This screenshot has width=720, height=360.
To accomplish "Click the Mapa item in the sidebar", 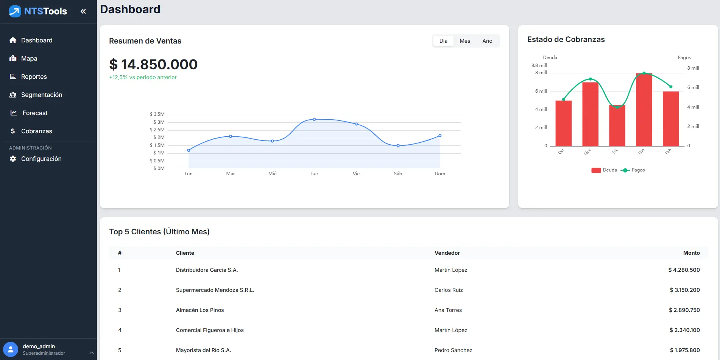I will (x=29, y=58).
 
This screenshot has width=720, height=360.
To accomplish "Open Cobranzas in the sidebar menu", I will (x=36, y=131).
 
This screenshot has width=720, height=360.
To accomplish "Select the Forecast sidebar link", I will (x=35, y=113).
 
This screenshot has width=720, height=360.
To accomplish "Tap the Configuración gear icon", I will (x=13, y=159).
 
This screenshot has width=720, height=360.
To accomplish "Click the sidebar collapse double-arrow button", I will (x=83, y=11).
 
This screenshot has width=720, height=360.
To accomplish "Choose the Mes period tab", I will (x=465, y=41).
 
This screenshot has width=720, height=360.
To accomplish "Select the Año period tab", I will (x=487, y=41).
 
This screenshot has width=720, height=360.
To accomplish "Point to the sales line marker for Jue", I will (x=314, y=119).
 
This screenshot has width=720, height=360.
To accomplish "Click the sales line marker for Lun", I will (x=189, y=150).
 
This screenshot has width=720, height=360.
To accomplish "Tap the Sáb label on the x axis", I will (x=398, y=174).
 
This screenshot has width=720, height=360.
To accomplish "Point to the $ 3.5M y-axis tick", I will (x=157, y=114).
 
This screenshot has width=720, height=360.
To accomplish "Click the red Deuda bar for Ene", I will (x=644, y=110).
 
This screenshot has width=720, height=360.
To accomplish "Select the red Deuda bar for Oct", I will (x=563, y=123).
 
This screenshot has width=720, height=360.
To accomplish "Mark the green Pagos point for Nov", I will (x=590, y=79).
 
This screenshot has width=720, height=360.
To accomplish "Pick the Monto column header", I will (x=691, y=253).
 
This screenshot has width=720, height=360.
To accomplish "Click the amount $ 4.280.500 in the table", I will (x=684, y=270).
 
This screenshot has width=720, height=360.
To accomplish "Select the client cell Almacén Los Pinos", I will (x=200, y=310).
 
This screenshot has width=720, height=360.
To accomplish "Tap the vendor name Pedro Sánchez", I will (x=453, y=350).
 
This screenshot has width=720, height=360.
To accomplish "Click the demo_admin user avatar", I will (x=11, y=349).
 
